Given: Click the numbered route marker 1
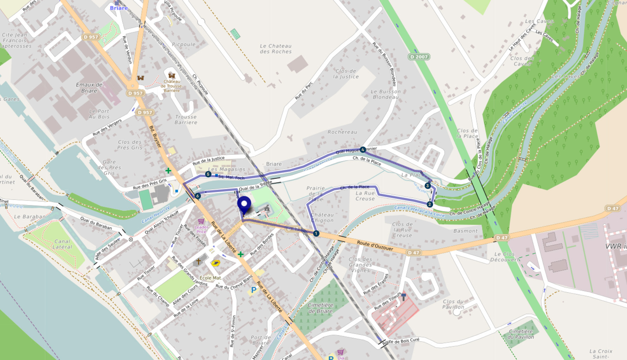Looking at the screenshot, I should [316, 233].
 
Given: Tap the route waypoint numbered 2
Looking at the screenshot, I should [430, 204].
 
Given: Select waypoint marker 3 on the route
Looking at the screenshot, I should [427, 186].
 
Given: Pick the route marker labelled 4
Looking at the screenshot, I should [363, 150].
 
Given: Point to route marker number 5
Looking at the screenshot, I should [208, 174].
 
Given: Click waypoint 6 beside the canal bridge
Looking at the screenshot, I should [198, 196].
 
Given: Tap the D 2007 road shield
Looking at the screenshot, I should [419, 57].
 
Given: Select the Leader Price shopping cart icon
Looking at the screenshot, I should [201, 221].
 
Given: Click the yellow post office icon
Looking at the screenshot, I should [215, 263].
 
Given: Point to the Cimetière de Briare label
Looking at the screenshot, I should [321, 308].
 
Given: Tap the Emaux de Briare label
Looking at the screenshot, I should [89, 88].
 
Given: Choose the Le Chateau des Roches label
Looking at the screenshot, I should [276, 49].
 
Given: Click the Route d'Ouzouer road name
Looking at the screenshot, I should [375, 245].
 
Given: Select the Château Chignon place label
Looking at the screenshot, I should [322, 218].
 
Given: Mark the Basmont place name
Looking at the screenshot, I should [465, 231].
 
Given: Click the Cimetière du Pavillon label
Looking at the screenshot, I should [521, 334].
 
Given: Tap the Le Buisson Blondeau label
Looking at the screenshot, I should [385, 94].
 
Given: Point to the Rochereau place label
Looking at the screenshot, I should [342, 132].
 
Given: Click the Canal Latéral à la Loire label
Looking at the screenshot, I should [419, 211].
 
